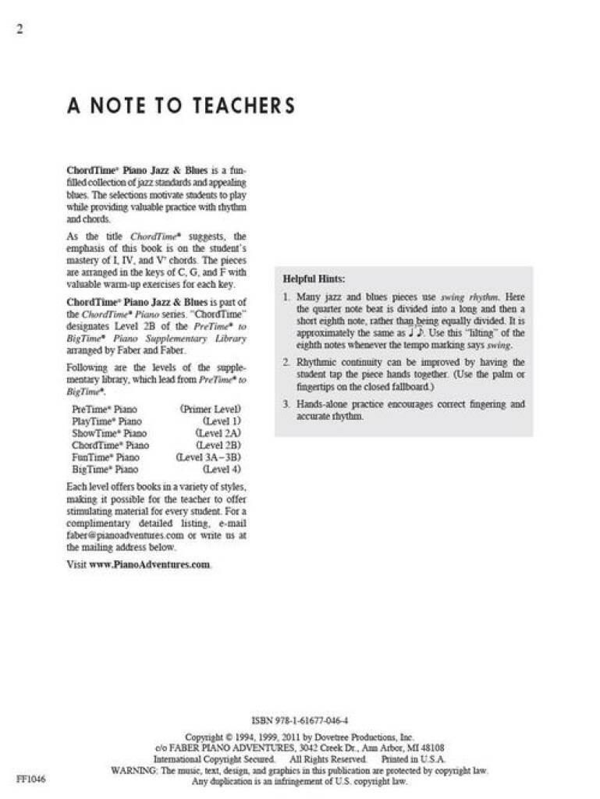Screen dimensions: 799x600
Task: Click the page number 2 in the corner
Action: click(x=19, y=30)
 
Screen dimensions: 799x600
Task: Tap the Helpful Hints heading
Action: click(x=314, y=279)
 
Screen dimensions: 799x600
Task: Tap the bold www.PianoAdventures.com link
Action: click(x=150, y=565)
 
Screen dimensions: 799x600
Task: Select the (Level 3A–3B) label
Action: click(x=208, y=457)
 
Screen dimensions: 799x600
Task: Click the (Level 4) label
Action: click(x=222, y=470)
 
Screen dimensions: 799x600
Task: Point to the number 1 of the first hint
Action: click(x=286, y=297)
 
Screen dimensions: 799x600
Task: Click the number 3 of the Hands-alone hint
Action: click(x=286, y=404)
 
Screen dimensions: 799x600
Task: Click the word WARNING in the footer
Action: click(x=133, y=770)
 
